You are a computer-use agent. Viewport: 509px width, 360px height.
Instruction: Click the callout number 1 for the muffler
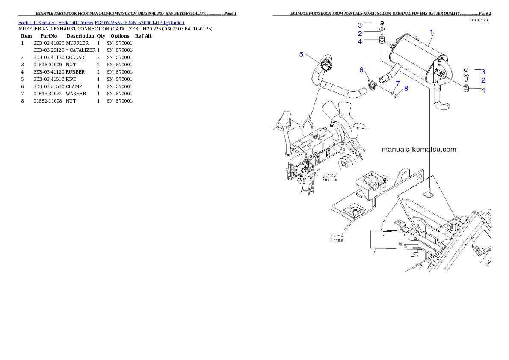[x=432, y=32]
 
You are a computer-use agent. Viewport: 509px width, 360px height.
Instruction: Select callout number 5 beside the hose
[x=301, y=54]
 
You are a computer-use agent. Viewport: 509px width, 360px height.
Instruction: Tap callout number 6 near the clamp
[x=361, y=69]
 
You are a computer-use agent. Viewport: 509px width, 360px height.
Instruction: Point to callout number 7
[x=397, y=83]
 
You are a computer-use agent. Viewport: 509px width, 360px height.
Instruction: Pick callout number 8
[x=406, y=88]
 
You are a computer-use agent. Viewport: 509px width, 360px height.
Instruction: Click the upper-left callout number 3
[x=360, y=25]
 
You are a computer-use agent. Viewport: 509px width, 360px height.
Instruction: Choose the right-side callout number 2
[x=483, y=80]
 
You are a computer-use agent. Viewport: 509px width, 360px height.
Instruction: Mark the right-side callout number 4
[x=483, y=90]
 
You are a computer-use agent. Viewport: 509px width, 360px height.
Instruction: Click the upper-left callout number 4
[x=360, y=41]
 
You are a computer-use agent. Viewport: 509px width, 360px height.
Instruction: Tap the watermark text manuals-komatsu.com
[x=419, y=150]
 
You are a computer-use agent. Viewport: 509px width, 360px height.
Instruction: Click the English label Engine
[x=329, y=180]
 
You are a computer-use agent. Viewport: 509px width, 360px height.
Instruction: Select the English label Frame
[x=336, y=240]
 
